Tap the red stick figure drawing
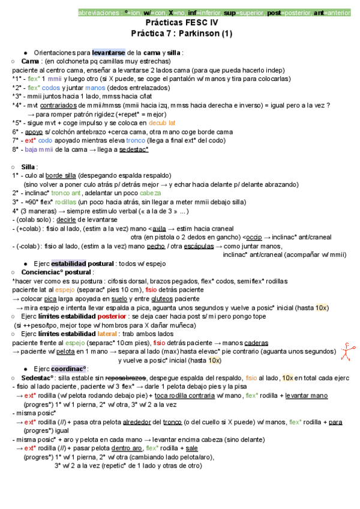click(347, 351)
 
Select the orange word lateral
click(109, 333)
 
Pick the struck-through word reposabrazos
click(126, 378)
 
